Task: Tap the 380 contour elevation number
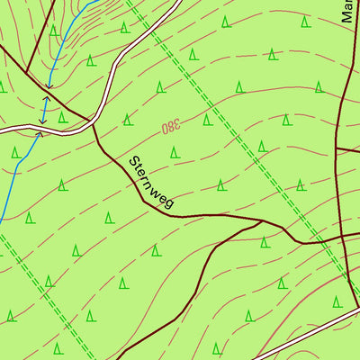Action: pos(170,128)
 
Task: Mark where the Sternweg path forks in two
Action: pos(262,220)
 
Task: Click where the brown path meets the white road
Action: pos(93,120)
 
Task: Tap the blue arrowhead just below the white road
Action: pos(39,136)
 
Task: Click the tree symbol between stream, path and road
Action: pos(62,116)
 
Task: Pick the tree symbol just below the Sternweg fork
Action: pos(264,241)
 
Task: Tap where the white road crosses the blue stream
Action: pos(40,130)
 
